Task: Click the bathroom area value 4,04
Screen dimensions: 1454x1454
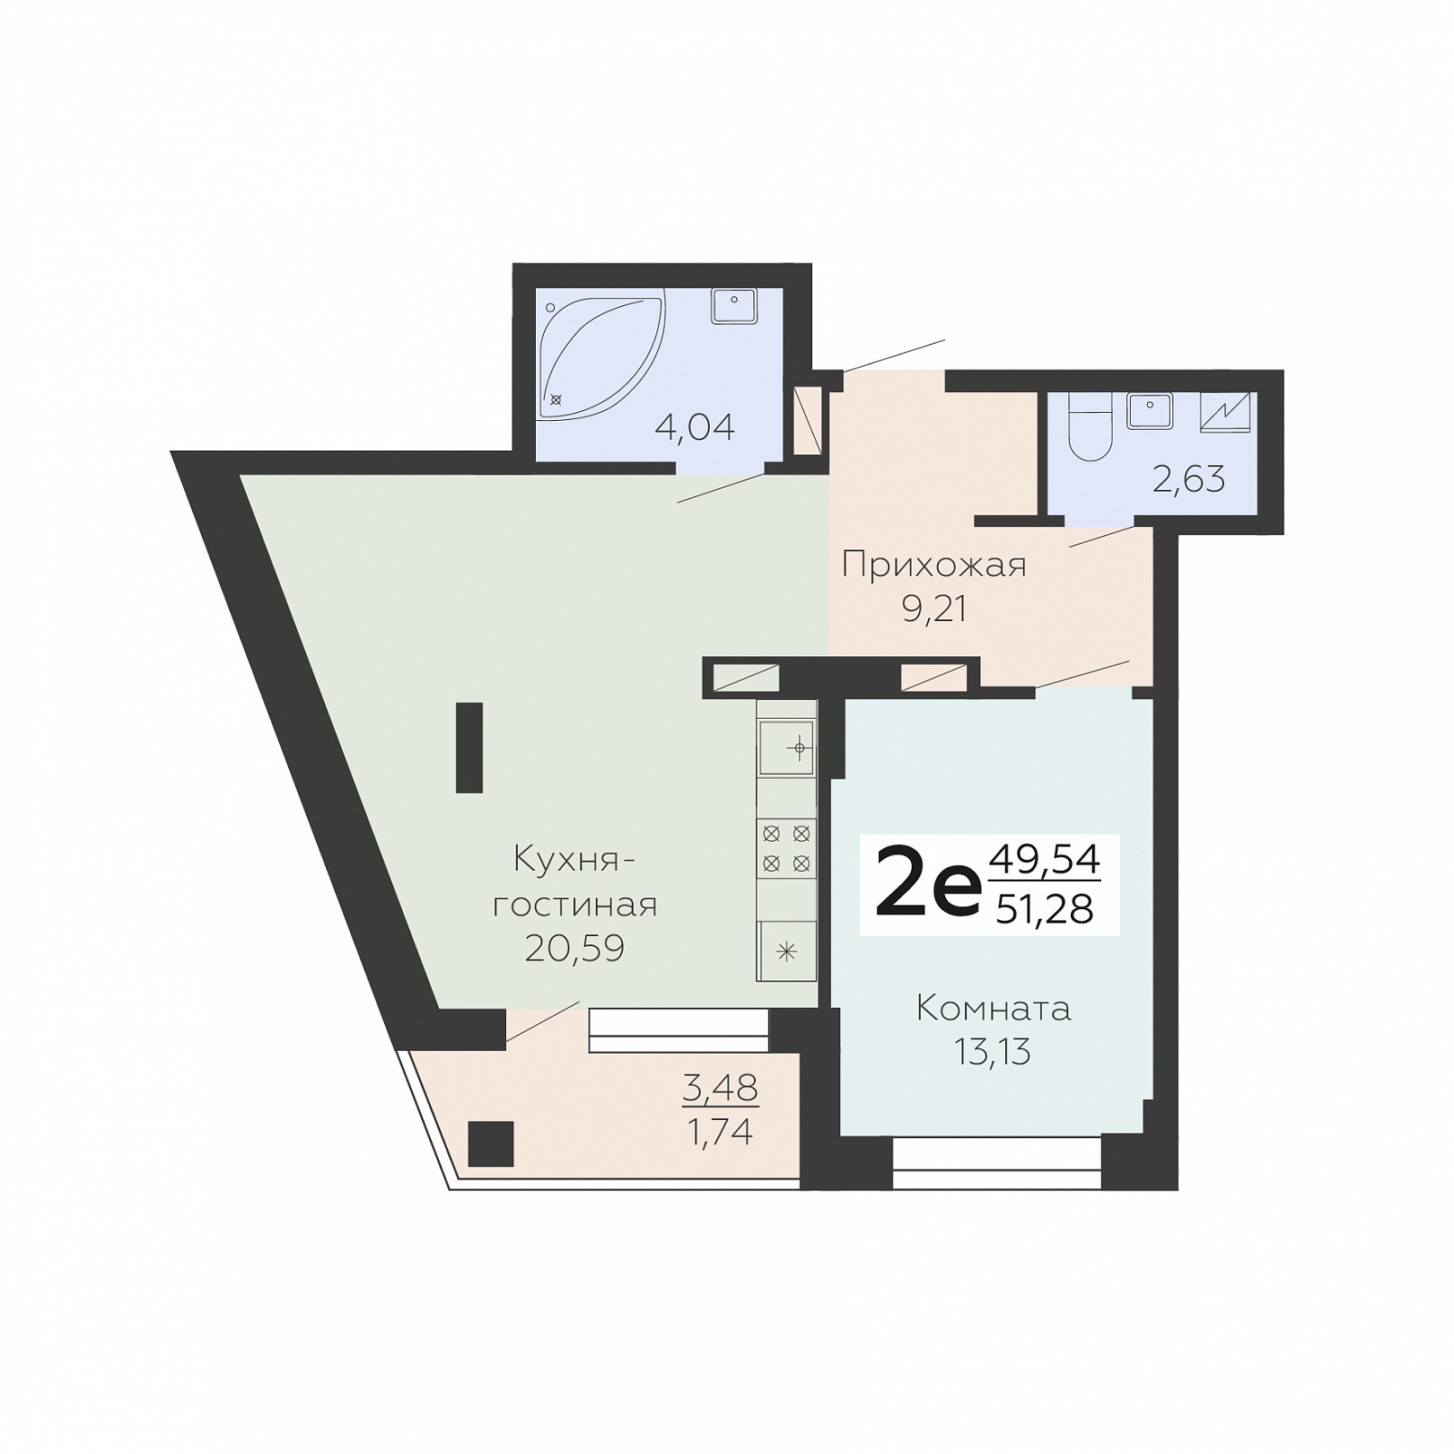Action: (x=695, y=427)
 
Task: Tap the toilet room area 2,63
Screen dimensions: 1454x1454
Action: (x=1188, y=479)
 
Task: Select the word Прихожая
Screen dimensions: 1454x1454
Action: (x=933, y=565)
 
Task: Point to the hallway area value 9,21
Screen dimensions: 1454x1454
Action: (x=934, y=609)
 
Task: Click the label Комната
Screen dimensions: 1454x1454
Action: (x=993, y=1008)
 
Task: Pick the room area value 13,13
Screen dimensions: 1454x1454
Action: (x=993, y=1051)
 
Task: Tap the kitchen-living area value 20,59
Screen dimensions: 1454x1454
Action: (x=574, y=948)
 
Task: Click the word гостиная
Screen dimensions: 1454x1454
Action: (x=574, y=905)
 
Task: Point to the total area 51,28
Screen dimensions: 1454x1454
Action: (x=1045, y=909)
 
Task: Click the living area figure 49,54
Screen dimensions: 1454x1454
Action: (x=1044, y=860)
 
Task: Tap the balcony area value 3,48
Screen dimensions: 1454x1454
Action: (x=720, y=1088)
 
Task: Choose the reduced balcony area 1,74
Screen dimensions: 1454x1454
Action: (x=720, y=1133)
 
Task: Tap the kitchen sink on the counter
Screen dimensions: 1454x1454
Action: (x=786, y=747)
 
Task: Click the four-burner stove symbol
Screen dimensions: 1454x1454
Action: (x=786, y=849)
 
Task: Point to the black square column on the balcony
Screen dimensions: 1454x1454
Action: (x=491, y=1143)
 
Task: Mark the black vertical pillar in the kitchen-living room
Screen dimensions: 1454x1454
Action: (x=469, y=748)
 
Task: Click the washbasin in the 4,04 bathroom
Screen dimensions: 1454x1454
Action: (x=734, y=305)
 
